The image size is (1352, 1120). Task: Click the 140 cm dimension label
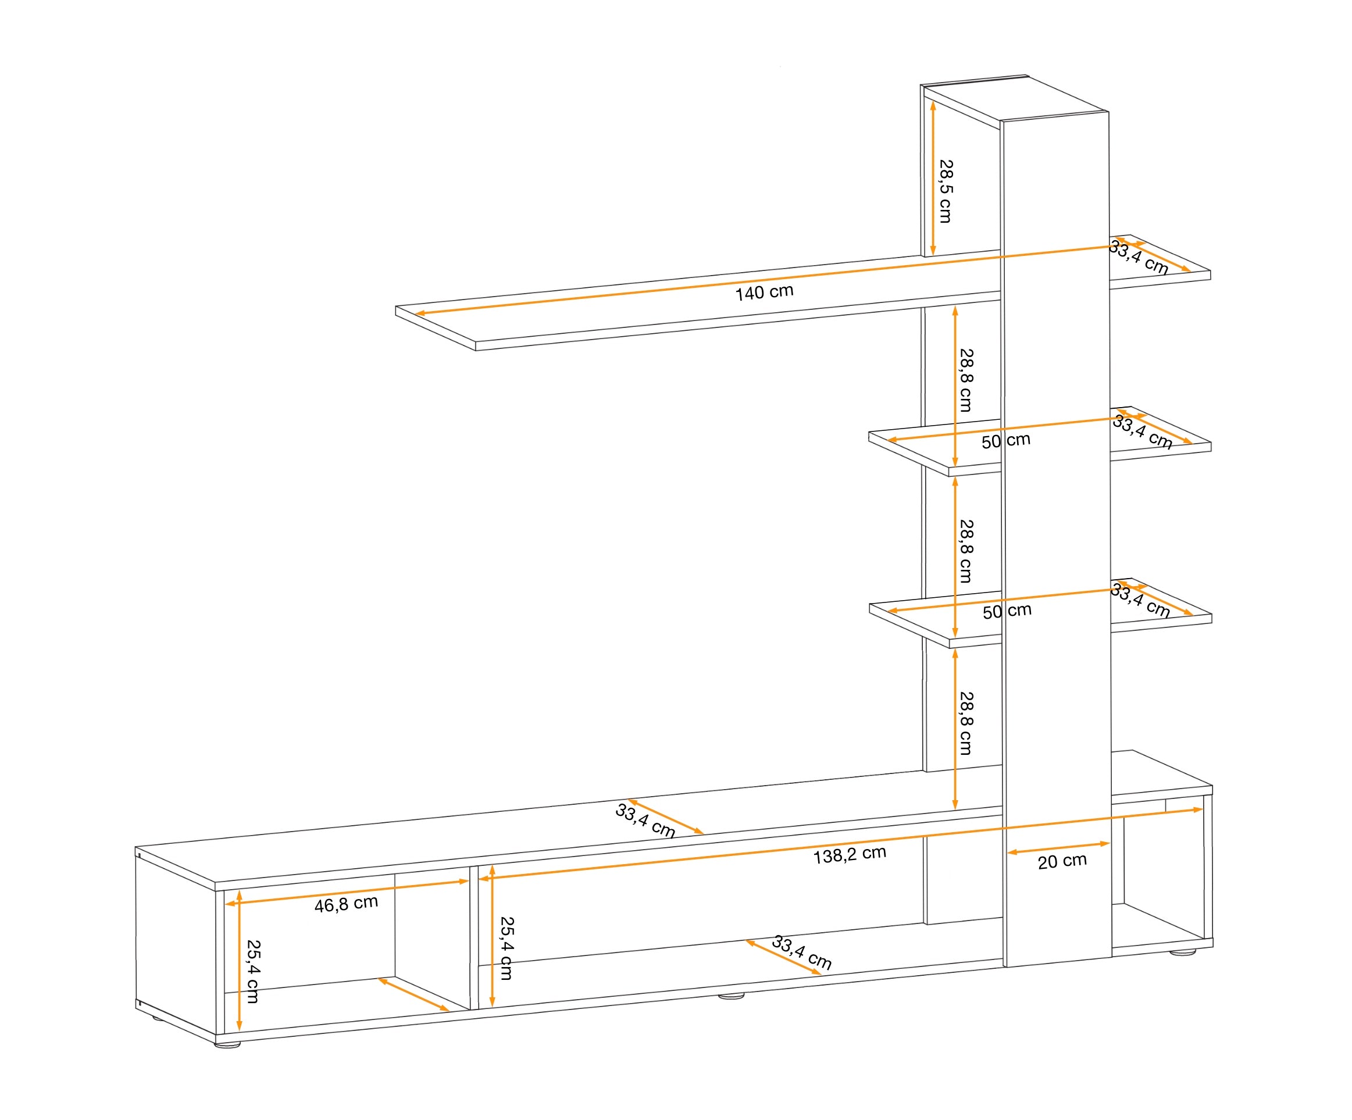[x=764, y=293]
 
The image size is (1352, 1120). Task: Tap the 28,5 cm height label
[x=945, y=191]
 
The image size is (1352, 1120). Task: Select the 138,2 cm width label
[x=850, y=855]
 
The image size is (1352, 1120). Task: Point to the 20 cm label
[x=1062, y=861]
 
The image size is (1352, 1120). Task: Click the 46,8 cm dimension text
[x=346, y=904]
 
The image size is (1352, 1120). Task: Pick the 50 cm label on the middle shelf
[x=1005, y=441]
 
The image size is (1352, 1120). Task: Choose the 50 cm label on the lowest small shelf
[x=1007, y=610]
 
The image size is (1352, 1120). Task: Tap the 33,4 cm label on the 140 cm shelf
[x=1138, y=258]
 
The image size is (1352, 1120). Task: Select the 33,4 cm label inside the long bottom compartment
[x=801, y=953]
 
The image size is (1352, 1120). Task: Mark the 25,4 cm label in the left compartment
[x=253, y=971]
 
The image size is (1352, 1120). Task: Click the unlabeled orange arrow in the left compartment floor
[x=413, y=994]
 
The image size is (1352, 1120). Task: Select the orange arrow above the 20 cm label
[x=1058, y=847]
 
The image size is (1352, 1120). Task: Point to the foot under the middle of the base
[x=731, y=996]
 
